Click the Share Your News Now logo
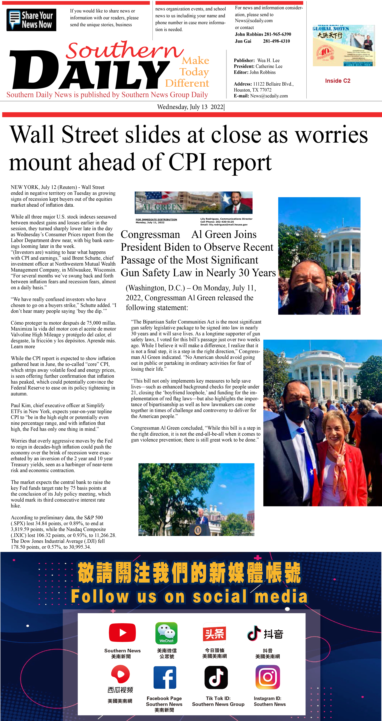coord(31,20)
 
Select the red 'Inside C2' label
coord(337,81)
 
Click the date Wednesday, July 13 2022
coord(190,107)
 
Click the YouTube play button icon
coord(122,633)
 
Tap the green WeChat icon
coord(167,633)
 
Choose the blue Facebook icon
coord(165,678)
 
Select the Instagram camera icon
coord(268,677)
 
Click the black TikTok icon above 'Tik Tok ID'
coord(216,678)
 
